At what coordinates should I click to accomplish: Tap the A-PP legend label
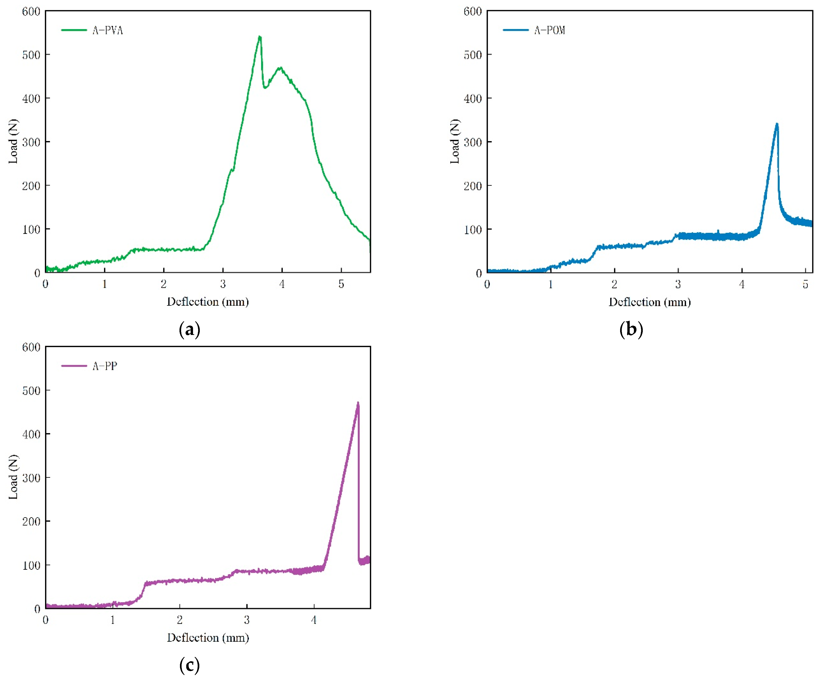105,366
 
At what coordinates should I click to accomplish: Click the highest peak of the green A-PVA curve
260,37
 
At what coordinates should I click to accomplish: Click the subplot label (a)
189,329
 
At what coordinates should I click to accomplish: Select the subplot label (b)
631,329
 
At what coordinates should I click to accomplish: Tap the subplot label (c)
189,665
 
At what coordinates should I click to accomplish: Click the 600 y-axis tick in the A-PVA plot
31,12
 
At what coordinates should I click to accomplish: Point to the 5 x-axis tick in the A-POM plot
805,284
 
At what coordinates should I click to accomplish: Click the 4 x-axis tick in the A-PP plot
314,620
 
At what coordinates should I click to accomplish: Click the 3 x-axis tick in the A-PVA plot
223,284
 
